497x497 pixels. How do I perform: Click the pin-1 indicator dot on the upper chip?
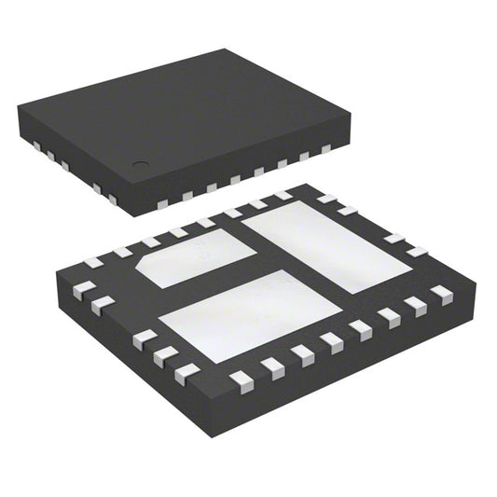(x=140, y=165)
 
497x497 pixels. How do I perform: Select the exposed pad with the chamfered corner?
(x=195, y=258)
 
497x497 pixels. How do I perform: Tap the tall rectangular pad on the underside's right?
(x=326, y=245)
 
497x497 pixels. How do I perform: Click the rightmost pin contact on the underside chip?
(x=441, y=295)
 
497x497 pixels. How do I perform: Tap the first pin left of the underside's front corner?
(x=187, y=373)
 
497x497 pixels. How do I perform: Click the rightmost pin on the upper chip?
(x=326, y=149)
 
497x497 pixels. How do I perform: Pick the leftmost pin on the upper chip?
(x=35, y=145)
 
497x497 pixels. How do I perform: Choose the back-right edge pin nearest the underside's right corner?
(x=416, y=252)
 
